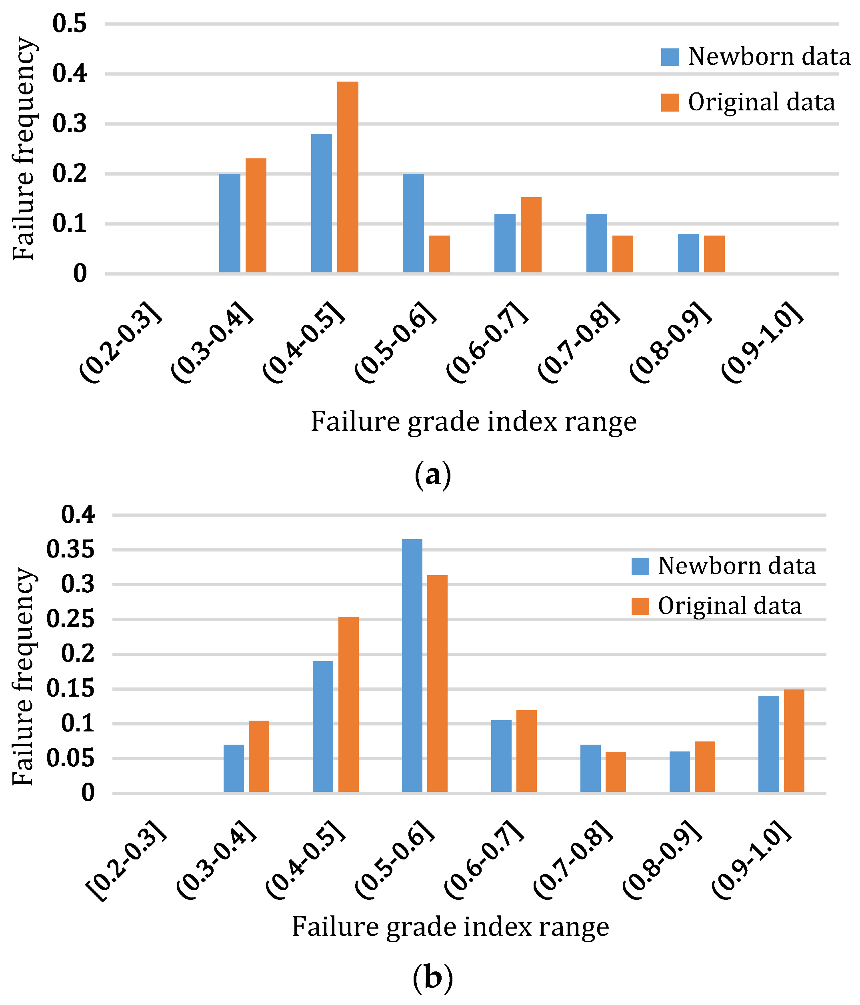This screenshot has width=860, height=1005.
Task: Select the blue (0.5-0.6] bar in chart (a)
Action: click(413, 223)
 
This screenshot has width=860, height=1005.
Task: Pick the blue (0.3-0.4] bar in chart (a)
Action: click(230, 223)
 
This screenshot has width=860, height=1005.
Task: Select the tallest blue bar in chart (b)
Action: click(412, 665)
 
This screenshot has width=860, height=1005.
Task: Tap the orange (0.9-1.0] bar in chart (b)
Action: click(794, 741)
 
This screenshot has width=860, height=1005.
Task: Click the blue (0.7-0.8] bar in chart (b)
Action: click(590, 768)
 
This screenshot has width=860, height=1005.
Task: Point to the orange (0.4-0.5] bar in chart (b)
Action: click(348, 704)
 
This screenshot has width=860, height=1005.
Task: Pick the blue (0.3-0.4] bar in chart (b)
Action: click(234, 768)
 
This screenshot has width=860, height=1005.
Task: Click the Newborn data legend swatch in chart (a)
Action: click(670, 57)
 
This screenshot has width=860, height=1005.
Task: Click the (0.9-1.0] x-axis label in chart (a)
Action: click(762, 342)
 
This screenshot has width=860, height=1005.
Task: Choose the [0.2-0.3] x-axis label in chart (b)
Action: click(126, 861)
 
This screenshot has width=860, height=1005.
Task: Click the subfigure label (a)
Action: click(433, 476)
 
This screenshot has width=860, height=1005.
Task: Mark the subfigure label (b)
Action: click(433, 978)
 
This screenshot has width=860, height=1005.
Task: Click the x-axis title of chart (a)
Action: click(474, 421)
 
